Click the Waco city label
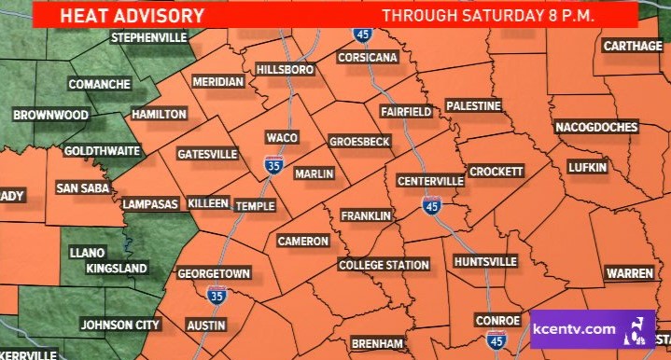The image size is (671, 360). click(x=281, y=138)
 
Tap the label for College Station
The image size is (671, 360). click(x=384, y=265)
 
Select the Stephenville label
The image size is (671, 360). click(x=149, y=38)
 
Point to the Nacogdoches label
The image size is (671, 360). click(x=596, y=127)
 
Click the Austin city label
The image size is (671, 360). click(x=206, y=325)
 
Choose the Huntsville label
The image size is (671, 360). click(x=484, y=261)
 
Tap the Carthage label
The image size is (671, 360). click(x=632, y=46)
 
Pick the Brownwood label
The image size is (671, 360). click(x=50, y=116)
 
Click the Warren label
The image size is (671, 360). click(x=629, y=273)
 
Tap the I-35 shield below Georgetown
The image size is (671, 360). click(x=216, y=296)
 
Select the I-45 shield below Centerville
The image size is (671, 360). click(x=430, y=205)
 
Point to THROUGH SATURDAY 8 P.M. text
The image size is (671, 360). click(x=489, y=15)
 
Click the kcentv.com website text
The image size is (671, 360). click(x=573, y=330)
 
